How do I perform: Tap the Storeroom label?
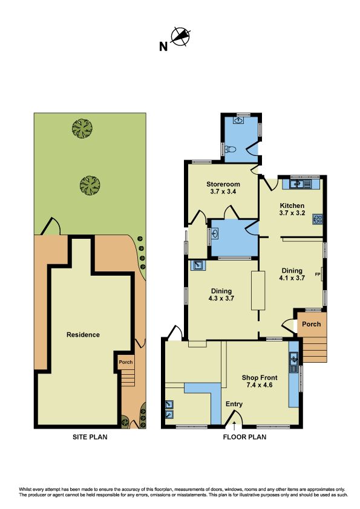(223, 184)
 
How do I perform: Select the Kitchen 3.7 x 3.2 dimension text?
(292, 213)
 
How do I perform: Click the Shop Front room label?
(260, 378)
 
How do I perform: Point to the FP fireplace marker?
(318, 274)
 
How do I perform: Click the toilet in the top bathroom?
(231, 150)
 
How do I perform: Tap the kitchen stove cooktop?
(317, 219)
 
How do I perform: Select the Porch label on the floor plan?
(311, 324)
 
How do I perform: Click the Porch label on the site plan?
(126, 362)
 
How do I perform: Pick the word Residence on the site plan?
(83, 335)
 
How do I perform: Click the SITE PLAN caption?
(90, 437)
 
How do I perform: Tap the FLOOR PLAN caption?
(244, 437)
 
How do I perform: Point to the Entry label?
(234, 404)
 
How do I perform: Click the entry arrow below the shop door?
(234, 423)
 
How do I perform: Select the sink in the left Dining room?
(197, 265)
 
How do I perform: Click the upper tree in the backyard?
(82, 128)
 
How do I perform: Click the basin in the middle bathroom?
(214, 233)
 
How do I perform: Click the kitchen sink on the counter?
(301, 184)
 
